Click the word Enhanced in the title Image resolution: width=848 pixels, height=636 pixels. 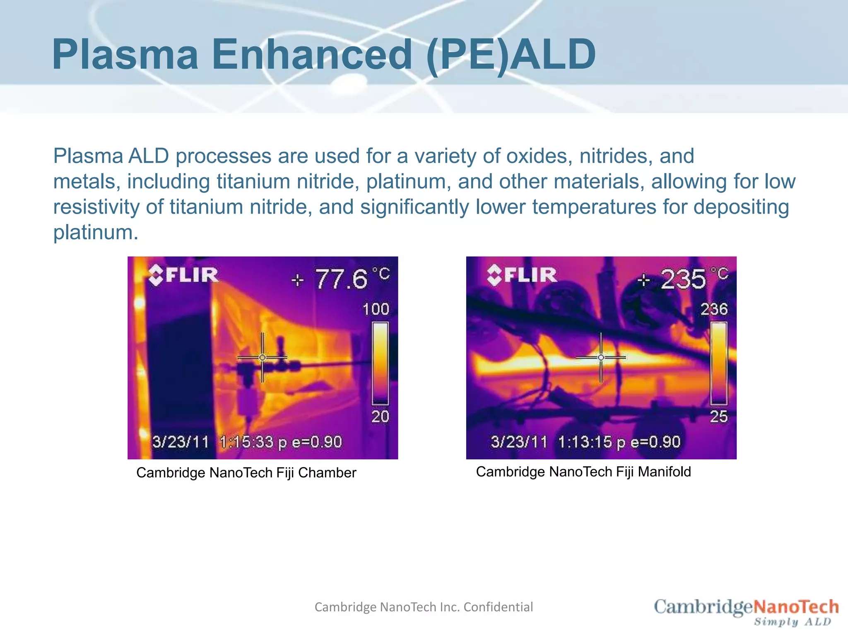[312, 54]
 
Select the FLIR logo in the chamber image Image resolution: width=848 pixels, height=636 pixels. [183, 275]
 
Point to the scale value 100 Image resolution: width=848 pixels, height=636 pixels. [376, 309]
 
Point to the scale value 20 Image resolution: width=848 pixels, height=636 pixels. [380, 416]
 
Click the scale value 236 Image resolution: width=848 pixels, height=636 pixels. [714, 309]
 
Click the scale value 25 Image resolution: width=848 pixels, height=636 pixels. [718, 416]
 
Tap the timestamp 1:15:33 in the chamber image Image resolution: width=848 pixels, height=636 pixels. [246, 442]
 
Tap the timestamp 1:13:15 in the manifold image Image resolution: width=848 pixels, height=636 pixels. [585, 442]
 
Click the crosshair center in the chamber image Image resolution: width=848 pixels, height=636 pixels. [263, 357]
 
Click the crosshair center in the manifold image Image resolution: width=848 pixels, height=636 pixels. [601, 357]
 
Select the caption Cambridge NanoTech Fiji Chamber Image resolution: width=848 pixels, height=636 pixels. [246, 472]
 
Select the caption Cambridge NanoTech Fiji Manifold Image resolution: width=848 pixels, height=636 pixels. [583, 472]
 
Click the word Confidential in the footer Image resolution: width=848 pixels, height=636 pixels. [498, 607]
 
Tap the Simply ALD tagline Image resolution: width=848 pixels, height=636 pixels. [792, 622]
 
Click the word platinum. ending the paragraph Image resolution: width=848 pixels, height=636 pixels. [95, 232]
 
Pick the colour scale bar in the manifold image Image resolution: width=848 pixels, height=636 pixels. [719, 363]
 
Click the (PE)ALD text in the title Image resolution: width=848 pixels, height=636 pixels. [511, 54]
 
